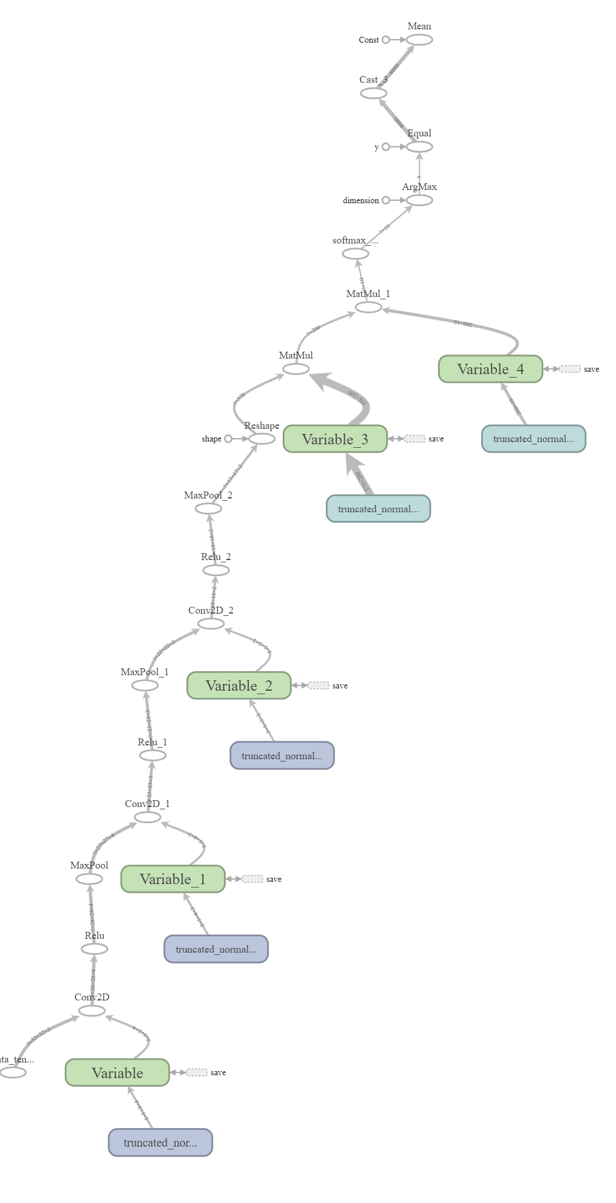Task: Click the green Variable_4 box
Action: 490,369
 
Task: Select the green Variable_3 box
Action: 335,439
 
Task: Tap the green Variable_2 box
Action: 239,686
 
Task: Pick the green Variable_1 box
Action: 173,879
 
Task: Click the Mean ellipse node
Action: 419,40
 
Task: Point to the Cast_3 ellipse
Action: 374,93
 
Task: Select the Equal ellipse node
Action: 419,147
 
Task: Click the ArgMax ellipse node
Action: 419,200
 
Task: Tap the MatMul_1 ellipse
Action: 368,307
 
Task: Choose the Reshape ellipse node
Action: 262,439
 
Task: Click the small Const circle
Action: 386,40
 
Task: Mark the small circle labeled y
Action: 386,147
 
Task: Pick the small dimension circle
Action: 386,200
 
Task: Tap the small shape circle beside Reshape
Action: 228,439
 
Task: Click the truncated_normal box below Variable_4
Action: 533,439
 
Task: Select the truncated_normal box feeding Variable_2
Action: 282,756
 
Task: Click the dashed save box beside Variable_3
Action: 415,439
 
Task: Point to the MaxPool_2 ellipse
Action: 208,509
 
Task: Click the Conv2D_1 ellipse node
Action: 147,817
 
